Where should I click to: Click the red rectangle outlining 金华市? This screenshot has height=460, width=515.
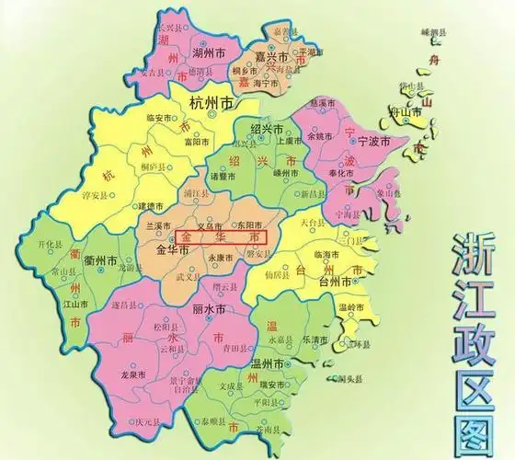coord(223,236)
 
